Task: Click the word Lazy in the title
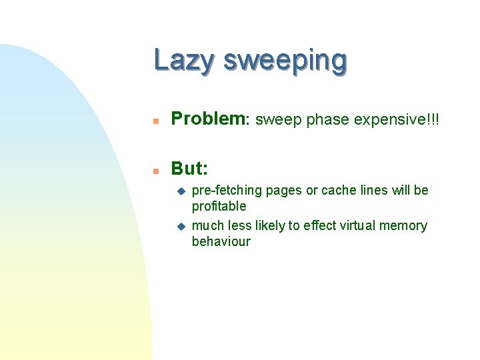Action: pos(185,61)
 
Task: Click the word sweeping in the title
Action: pos(285,61)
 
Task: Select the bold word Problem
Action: pos(209,119)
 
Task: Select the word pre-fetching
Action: pos(227,191)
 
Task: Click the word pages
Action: pos(285,191)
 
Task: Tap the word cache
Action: pos(340,191)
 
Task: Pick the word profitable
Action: pos(219,207)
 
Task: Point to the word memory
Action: pos(403,225)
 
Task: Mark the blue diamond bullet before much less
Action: pos(179,226)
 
